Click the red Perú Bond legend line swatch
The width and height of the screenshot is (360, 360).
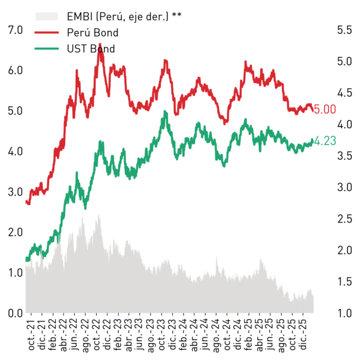click(x=47, y=33)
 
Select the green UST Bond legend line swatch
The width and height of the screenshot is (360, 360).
click(x=47, y=49)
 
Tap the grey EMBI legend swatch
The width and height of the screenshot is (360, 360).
click(x=47, y=16)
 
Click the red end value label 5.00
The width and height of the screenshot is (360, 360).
click(x=325, y=109)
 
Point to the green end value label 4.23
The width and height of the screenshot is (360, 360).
click(x=325, y=141)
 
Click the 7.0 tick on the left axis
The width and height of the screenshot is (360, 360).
click(x=15, y=30)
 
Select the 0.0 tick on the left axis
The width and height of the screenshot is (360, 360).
click(x=15, y=313)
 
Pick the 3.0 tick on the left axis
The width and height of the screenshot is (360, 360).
click(x=15, y=192)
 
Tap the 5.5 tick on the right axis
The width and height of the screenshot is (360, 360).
click(x=344, y=30)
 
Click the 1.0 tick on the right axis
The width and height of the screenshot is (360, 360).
click(x=344, y=313)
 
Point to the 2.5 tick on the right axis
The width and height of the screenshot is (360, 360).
click(x=344, y=219)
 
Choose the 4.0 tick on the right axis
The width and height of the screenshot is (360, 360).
click(x=344, y=124)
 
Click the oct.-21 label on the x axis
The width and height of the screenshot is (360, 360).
click(x=31, y=335)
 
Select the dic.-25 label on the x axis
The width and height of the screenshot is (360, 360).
click(x=303, y=334)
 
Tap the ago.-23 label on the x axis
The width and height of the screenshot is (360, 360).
click(x=151, y=336)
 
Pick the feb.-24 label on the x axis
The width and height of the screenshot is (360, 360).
click(x=183, y=335)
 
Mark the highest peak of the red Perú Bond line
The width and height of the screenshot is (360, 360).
click(x=100, y=44)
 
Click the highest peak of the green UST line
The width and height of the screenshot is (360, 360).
click(x=165, y=111)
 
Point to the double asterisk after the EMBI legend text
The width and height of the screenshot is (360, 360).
click(x=177, y=15)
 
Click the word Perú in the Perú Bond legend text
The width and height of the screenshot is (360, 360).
click(x=79, y=33)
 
